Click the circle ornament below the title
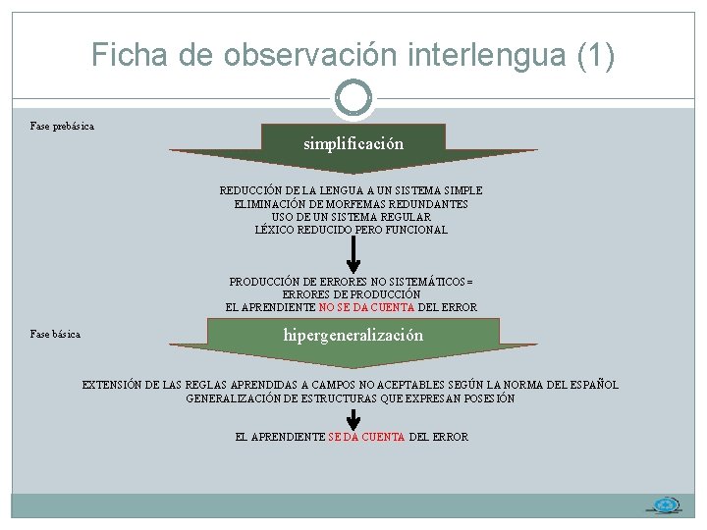point(353,96)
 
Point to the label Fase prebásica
point(62,127)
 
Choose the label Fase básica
point(55,335)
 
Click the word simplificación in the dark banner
point(353,143)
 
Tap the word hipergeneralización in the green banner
point(353,335)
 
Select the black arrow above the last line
point(353,418)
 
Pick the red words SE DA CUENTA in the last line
point(366,437)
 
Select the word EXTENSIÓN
point(111,385)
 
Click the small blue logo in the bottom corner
point(667,505)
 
